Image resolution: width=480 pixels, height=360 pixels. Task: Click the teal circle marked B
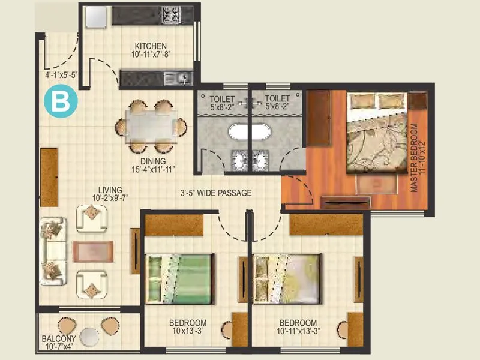(61, 101)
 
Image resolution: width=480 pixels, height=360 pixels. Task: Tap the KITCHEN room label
(151, 47)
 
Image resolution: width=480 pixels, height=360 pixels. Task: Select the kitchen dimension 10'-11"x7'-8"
(151, 56)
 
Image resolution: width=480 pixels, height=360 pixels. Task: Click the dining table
(151, 127)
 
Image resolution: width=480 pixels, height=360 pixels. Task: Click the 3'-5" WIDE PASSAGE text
(217, 193)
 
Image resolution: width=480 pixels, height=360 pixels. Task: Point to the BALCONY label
(58, 338)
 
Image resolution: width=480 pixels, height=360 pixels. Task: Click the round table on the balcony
(89, 337)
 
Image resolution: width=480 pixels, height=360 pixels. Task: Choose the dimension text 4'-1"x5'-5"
(61, 76)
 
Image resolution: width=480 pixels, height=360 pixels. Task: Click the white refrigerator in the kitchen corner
(95, 17)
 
